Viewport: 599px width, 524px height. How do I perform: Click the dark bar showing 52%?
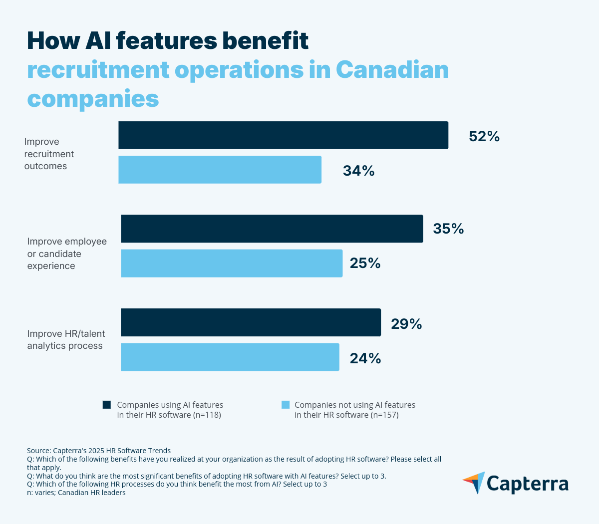click(283, 135)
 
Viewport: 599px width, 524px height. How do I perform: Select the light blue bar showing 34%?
click(220, 170)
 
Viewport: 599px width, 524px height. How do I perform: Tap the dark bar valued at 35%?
click(272, 229)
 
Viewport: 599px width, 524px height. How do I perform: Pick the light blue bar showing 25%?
click(232, 263)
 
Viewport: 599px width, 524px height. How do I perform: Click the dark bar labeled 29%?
click(251, 322)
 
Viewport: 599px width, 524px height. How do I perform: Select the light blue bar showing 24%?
click(230, 357)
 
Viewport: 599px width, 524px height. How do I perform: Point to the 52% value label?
click(484, 136)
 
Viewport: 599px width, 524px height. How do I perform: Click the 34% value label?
click(358, 171)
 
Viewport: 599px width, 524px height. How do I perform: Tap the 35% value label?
click(448, 229)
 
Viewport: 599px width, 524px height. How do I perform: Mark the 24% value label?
click(365, 358)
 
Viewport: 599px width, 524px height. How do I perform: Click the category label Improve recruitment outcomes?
click(49, 154)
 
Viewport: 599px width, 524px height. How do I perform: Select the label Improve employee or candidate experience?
click(67, 254)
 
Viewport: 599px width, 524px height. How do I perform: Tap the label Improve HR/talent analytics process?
click(66, 340)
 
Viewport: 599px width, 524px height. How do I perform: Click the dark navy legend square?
click(107, 405)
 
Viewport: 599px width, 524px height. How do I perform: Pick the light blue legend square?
click(286, 405)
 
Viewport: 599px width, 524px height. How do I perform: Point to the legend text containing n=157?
click(354, 410)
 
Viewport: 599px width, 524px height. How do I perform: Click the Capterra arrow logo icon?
click(474, 483)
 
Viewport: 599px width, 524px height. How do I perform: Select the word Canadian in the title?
click(392, 70)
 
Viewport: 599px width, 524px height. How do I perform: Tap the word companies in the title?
click(93, 98)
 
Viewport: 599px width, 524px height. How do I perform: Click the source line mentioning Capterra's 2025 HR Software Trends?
click(99, 450)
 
